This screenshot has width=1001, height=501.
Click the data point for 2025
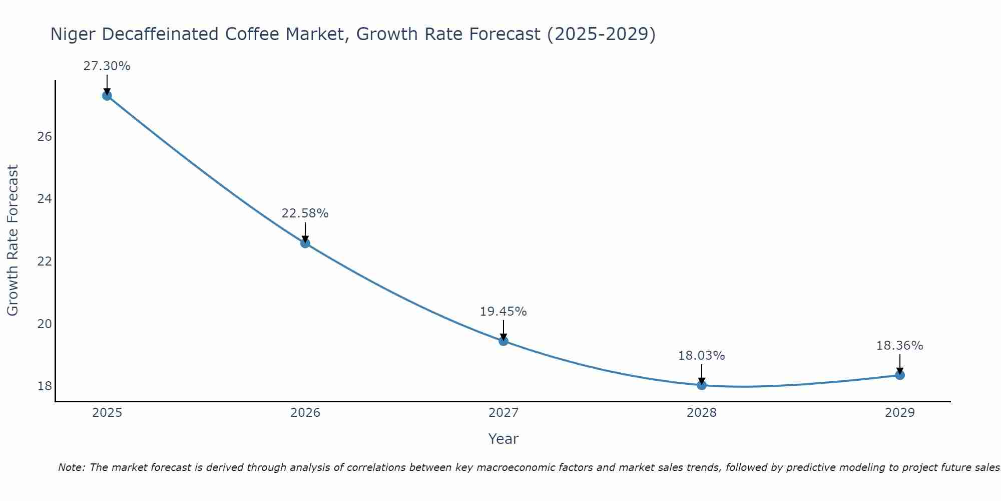(x=107, y=96)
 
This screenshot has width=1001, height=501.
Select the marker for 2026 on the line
(x=305, y=243)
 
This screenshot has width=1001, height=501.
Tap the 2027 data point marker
(x=504, y=341)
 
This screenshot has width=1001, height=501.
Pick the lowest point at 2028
(x=702, y=385)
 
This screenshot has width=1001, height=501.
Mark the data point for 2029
(x=900, y=375)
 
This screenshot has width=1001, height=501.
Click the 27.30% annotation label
(x=107, y=66)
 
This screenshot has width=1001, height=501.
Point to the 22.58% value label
(x=305, y=213)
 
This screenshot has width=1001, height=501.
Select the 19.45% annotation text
(x=503, y=312)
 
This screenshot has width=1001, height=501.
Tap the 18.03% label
(x=701, y=356)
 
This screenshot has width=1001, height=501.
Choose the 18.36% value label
(x=899, y=346)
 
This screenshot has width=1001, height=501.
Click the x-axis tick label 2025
(x=107, y=413)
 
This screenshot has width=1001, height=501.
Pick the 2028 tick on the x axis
(x=702, y=413)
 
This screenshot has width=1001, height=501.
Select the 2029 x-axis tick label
(x=900, y=413)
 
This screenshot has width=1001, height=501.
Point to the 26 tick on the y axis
(x=45, y=137)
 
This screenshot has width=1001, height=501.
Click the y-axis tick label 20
(x=45, y=324)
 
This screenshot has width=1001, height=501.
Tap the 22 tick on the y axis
(x=45, y=262)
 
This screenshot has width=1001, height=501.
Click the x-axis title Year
(x=503, y=439)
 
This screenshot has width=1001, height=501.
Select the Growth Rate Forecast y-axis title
(x=13, y=240)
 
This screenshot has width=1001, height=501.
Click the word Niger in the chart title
(x=73, y=35)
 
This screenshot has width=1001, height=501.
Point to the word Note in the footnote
(x=71, y=467)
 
